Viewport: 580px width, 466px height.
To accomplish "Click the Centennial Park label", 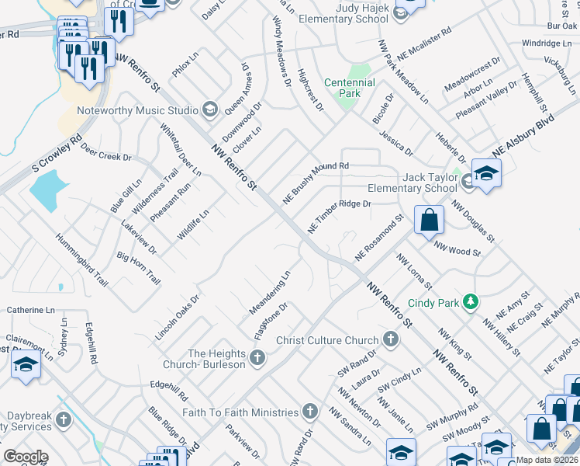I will pyautogui.click(x=349, y=88).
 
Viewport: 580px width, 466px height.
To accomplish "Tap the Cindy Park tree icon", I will pyautogui.click(x=470, y=301).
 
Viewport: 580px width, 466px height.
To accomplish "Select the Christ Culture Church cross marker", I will pyautogui.click(x=391, y=339).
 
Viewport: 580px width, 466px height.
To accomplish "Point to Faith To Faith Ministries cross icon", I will pyautogui.click(x=310, y=412).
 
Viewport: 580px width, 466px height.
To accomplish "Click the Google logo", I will pyautogui.click(x=25, y=457).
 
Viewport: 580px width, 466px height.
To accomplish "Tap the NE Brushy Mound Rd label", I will pyautogui.click(x=316, y=183).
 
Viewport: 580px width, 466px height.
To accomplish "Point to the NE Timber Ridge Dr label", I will pyautogui.click(x=340, y=215).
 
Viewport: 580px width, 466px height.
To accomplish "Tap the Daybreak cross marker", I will pyautogui.click(x=63, y=420).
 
